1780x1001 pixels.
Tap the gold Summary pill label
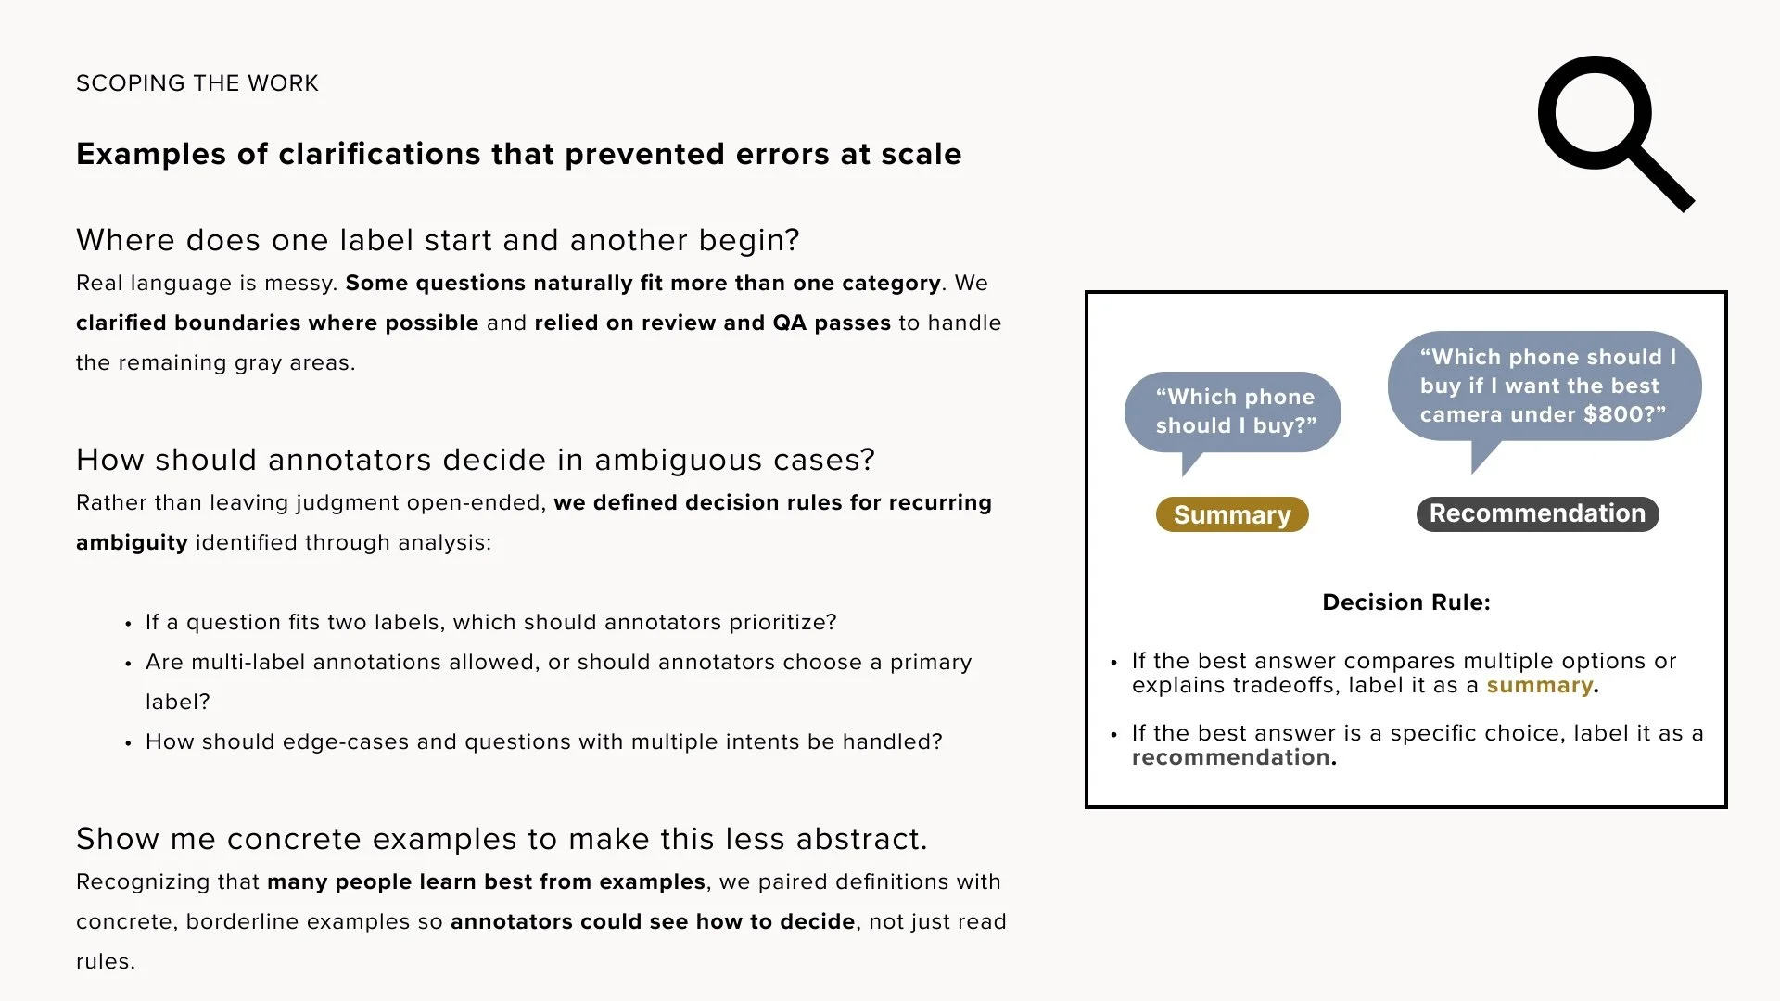(1231, 514)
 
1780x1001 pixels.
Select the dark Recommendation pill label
(1537, 513)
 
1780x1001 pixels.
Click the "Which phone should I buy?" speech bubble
(1233, 412)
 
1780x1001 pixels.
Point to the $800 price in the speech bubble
(1614, 414)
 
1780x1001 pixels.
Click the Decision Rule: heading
(1405, 602)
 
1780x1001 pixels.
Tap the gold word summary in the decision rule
(1539, 686)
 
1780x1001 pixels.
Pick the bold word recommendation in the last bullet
(1230, 757)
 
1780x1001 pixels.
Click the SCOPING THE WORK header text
(197, 83)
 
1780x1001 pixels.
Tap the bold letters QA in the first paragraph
(789, 323)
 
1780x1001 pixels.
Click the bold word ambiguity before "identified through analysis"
(132, 543)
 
